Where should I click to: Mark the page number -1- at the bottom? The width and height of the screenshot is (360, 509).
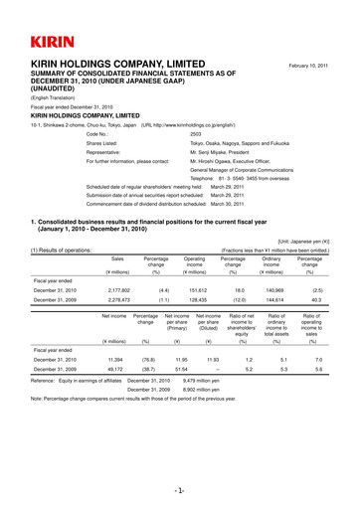pyautogui.click(x=180, y=490)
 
